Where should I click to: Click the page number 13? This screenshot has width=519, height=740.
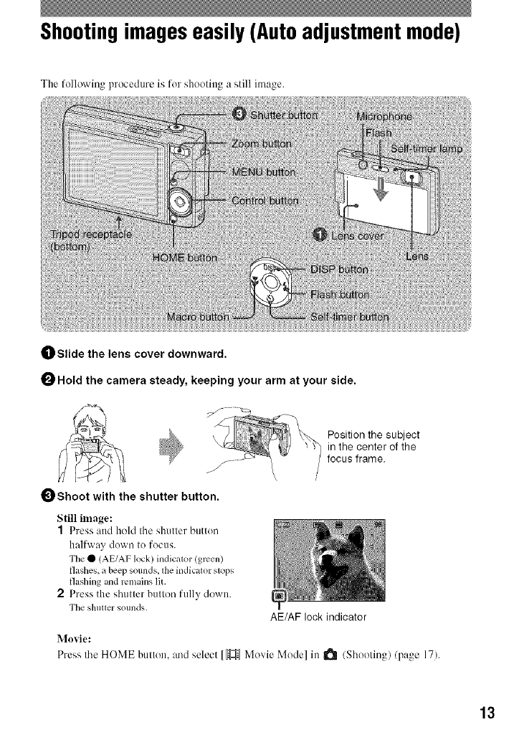pos(487,713)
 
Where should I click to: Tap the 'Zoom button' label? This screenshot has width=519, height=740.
pos(263,143)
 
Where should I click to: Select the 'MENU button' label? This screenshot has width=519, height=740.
pos(268,172)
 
